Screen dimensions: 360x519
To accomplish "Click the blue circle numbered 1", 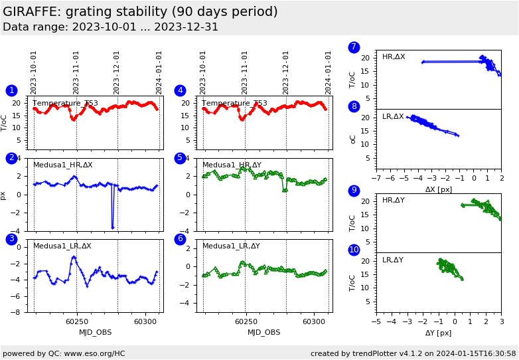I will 11,90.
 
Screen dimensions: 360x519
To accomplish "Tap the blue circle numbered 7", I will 354,47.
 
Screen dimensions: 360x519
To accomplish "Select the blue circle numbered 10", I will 354,250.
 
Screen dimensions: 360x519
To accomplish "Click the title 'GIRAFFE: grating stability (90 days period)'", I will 140,12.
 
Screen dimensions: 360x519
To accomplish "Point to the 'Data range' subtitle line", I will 110,27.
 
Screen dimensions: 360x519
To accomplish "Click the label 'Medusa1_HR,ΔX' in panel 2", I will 63,165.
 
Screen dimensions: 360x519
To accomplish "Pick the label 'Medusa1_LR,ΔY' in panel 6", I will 231,246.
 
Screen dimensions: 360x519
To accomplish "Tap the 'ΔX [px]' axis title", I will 439,189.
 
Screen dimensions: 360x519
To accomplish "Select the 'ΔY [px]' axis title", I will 439,333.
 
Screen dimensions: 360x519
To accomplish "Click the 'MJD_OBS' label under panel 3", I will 96,332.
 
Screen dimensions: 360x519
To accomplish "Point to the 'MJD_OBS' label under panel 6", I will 264,332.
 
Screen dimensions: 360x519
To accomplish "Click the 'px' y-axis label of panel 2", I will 4,195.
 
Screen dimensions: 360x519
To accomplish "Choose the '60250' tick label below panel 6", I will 246,321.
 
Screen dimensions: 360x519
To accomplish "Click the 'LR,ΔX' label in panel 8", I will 393,117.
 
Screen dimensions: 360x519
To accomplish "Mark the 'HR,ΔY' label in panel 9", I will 393,201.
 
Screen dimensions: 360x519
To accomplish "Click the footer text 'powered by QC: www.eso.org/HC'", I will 64,353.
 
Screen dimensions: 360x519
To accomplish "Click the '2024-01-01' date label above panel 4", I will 328,72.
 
